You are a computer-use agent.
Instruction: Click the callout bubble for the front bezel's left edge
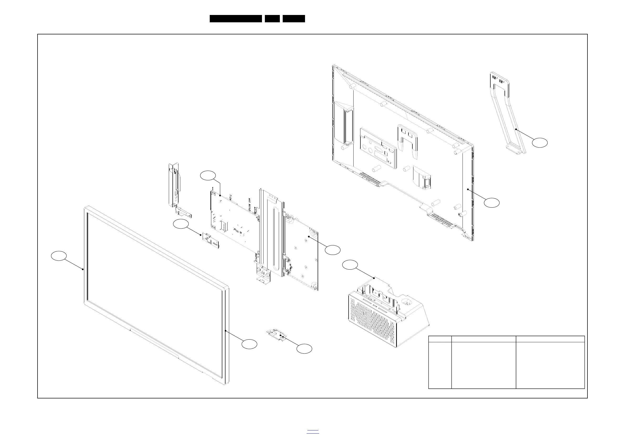coord(59,256)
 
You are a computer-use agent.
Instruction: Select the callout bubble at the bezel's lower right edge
coord(249,344)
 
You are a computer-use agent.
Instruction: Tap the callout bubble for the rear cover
coord(492,202)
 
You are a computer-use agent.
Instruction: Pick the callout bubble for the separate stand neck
coord(540,143)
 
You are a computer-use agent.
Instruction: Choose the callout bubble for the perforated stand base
coord(350,265)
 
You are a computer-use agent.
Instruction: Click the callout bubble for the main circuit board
coord(208,176)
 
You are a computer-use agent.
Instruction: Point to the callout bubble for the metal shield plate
coord(333,250)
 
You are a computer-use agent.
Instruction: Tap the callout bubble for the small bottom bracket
coord(304,349)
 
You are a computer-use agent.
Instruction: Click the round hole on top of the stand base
coord(409,302)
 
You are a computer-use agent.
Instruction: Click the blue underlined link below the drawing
coord(313,432)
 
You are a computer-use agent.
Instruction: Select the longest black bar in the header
coord(236,19)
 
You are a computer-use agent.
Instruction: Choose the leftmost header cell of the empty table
coord(440,339)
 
